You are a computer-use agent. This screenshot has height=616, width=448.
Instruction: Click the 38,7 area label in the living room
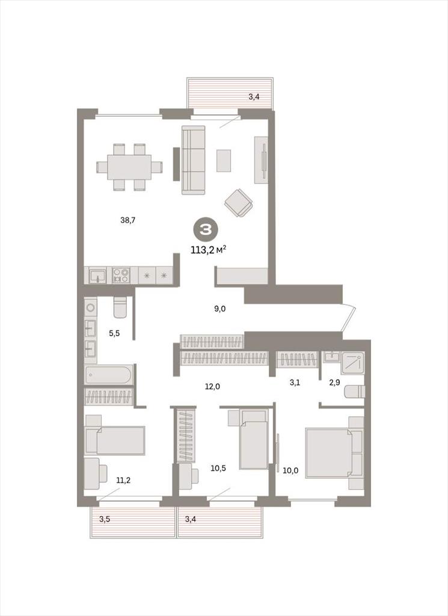click(x=127, y=220)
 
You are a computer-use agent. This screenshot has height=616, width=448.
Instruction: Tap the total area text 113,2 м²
click(x=208, y=249)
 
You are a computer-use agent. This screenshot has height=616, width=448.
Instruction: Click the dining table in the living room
click(x=129, y=167)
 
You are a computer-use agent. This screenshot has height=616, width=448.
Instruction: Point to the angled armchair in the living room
click(x=239, y=203)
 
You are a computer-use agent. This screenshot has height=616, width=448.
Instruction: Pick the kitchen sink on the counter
click(x=97, y=275)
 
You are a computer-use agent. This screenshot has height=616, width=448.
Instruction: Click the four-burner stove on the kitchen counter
click(x=121, y=275)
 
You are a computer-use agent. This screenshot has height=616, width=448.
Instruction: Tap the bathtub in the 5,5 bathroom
click(x=109, y=375)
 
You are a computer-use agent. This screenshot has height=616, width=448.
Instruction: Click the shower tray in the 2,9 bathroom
click(x=352, y=362)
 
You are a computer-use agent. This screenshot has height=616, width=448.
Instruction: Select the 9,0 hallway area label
click(x=220, y=309)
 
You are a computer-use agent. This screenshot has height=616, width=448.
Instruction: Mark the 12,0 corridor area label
click(x=212, y=387)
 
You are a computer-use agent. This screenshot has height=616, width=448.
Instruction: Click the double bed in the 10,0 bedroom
click(x=334, y=453)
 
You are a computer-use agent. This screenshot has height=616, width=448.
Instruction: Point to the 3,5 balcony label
click(x=105, y=519)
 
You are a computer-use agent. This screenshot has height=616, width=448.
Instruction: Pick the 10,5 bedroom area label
click(x=218, y=468)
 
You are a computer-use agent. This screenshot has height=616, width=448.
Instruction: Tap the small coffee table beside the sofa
click(x=224, y=160)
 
